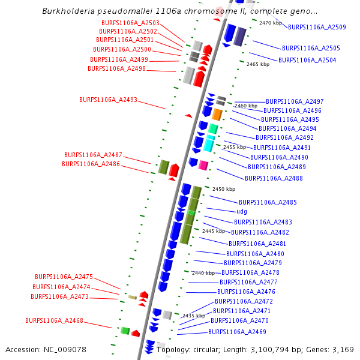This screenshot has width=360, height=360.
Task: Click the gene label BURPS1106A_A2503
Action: click(130, 23)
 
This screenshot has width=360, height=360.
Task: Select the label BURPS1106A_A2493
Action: click(108, 100)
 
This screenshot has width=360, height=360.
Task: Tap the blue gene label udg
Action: click(242, 211)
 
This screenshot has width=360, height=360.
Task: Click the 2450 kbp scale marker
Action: click(224, 189)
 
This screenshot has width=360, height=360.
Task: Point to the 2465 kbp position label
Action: click(258, 64)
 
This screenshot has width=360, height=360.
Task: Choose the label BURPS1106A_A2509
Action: click(317, 27)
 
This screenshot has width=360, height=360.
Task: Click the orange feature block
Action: click(217, 115)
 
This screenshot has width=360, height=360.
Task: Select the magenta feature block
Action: click(203, 166)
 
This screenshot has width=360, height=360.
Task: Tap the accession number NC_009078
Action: click(65, 350)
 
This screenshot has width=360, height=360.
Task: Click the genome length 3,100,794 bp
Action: click(270, 350)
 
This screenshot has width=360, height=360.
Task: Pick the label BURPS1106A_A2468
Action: click(54, 320)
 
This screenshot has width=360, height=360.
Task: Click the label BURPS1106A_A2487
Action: click(93, 155)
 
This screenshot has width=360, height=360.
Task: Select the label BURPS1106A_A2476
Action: click(246, 292)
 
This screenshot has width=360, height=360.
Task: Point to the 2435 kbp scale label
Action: click(194, 316)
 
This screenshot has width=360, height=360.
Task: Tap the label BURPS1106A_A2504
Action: click(307, 60)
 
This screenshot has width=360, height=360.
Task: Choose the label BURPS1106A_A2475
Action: click(64, 277)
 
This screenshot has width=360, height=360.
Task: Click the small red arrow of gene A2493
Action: click(189, 116)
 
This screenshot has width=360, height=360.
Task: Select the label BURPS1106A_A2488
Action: click(274, 178)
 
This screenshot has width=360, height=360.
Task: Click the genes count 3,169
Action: click(343, 350)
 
